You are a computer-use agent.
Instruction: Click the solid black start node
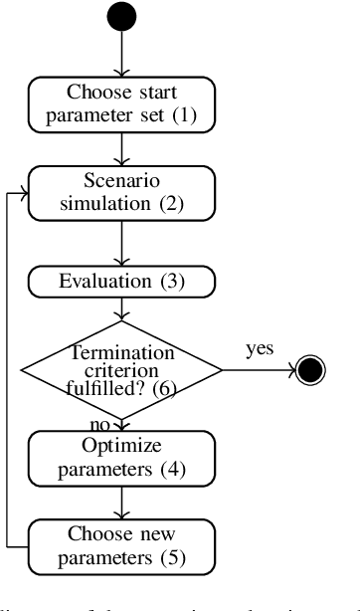pyautogui.click(x=121, y=17)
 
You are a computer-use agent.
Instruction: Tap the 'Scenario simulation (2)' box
pyautogui.click(x=121, y=193)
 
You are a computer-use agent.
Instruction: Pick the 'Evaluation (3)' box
pyautogui.click(x=121, y=280)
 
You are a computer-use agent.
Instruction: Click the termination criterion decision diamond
pyautogui.click(x=121, y=371)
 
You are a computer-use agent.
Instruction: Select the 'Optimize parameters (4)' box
pyautogui.click(x=121, y=454)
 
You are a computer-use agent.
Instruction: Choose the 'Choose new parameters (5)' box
pyautogui.click(x=121, y=543)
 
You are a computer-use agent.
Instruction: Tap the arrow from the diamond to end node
pyautogui.click(x=254, y=371)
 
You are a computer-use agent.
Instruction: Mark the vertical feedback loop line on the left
pyautogui.click(x=9, y=368)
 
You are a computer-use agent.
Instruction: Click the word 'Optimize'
pyautogui.click(x=120, y=444)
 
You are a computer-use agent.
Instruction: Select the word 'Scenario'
pyautogui.click(x=120, y=182)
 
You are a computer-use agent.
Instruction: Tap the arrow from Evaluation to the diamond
pyautogui.click(x=121, y=307)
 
